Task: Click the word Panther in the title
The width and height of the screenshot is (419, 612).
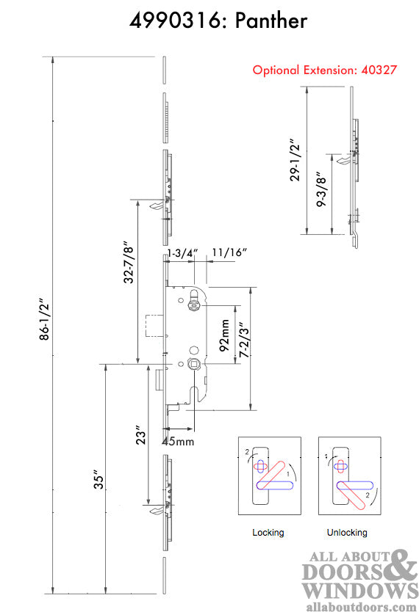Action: coord(271,21)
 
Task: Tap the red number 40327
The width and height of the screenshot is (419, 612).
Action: coord(379,70)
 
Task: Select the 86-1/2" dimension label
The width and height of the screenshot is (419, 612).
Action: coord(46,320)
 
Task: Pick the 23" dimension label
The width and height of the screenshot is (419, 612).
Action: coord(141,436)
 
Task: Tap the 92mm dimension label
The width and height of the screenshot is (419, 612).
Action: coord(224,335)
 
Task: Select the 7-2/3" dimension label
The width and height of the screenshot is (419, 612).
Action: coord(244,340)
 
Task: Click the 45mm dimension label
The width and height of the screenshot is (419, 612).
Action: coord(178,441)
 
